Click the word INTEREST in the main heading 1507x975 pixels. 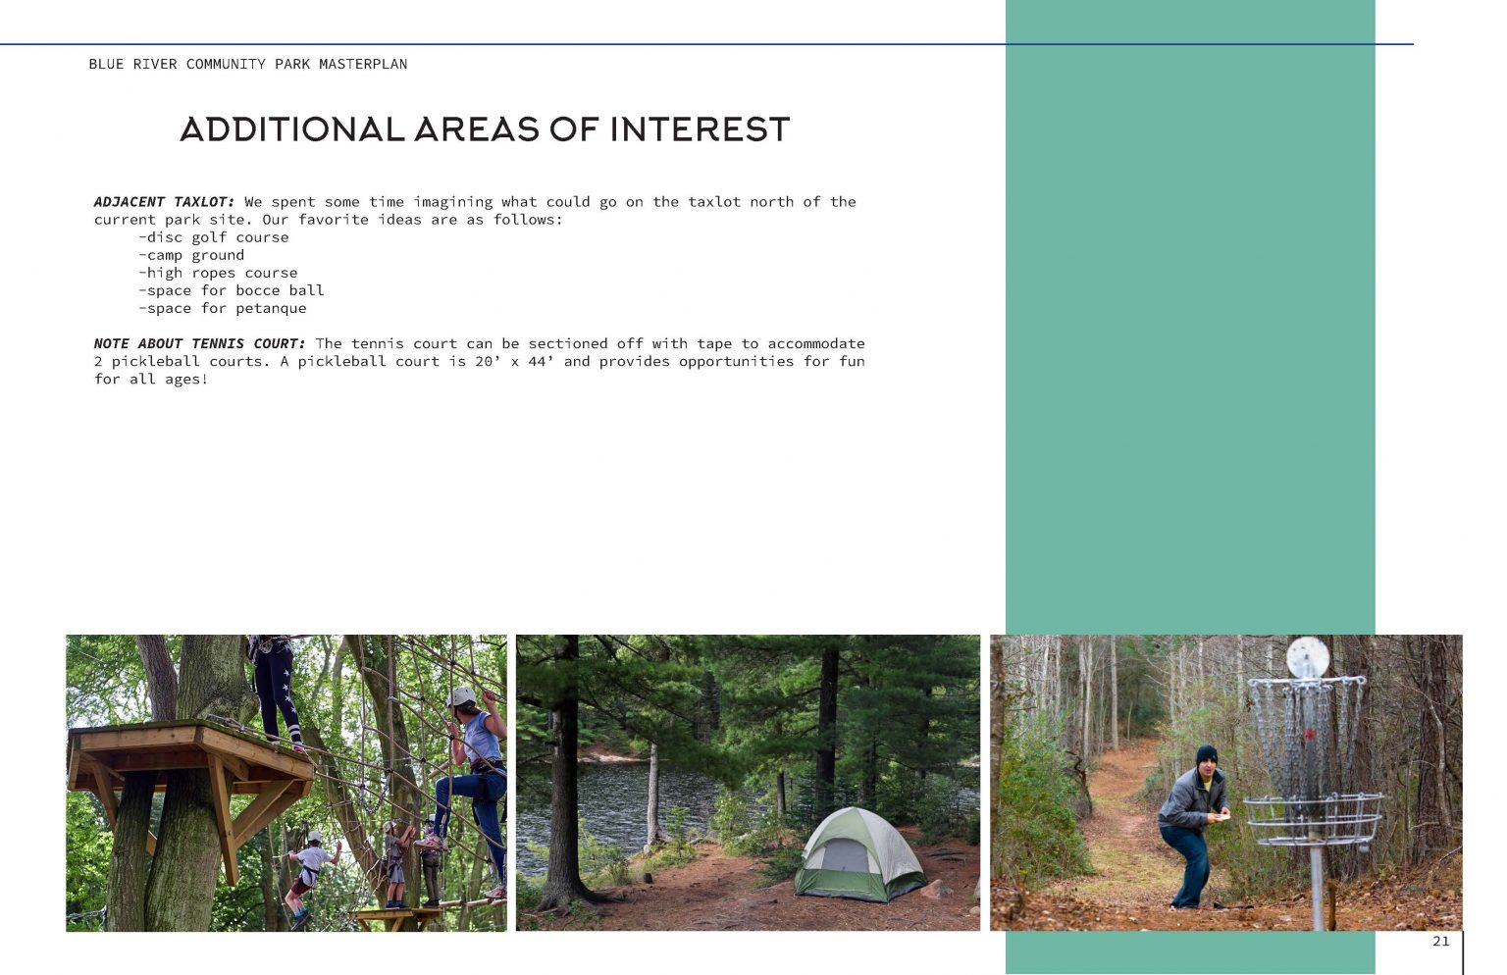point(699,129)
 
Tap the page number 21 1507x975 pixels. point(1440,942)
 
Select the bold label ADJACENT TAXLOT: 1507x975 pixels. point(164,202)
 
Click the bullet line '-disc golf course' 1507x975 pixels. point(214,237)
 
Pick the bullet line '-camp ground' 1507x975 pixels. point(191,255)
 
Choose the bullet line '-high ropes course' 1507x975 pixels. point(218,273)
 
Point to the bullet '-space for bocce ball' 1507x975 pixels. point(232,290)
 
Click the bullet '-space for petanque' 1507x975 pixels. point(223,308)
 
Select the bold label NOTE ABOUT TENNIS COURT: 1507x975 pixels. point(199,343)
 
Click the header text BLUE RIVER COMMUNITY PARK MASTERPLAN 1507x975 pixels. point(247,64)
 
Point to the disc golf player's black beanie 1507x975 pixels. point(1206,755)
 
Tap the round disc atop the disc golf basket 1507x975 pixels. point(1307,656)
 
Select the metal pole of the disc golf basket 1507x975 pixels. point(1317,883)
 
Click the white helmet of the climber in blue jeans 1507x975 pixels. point(461,695)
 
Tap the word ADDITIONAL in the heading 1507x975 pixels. point(291,129)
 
